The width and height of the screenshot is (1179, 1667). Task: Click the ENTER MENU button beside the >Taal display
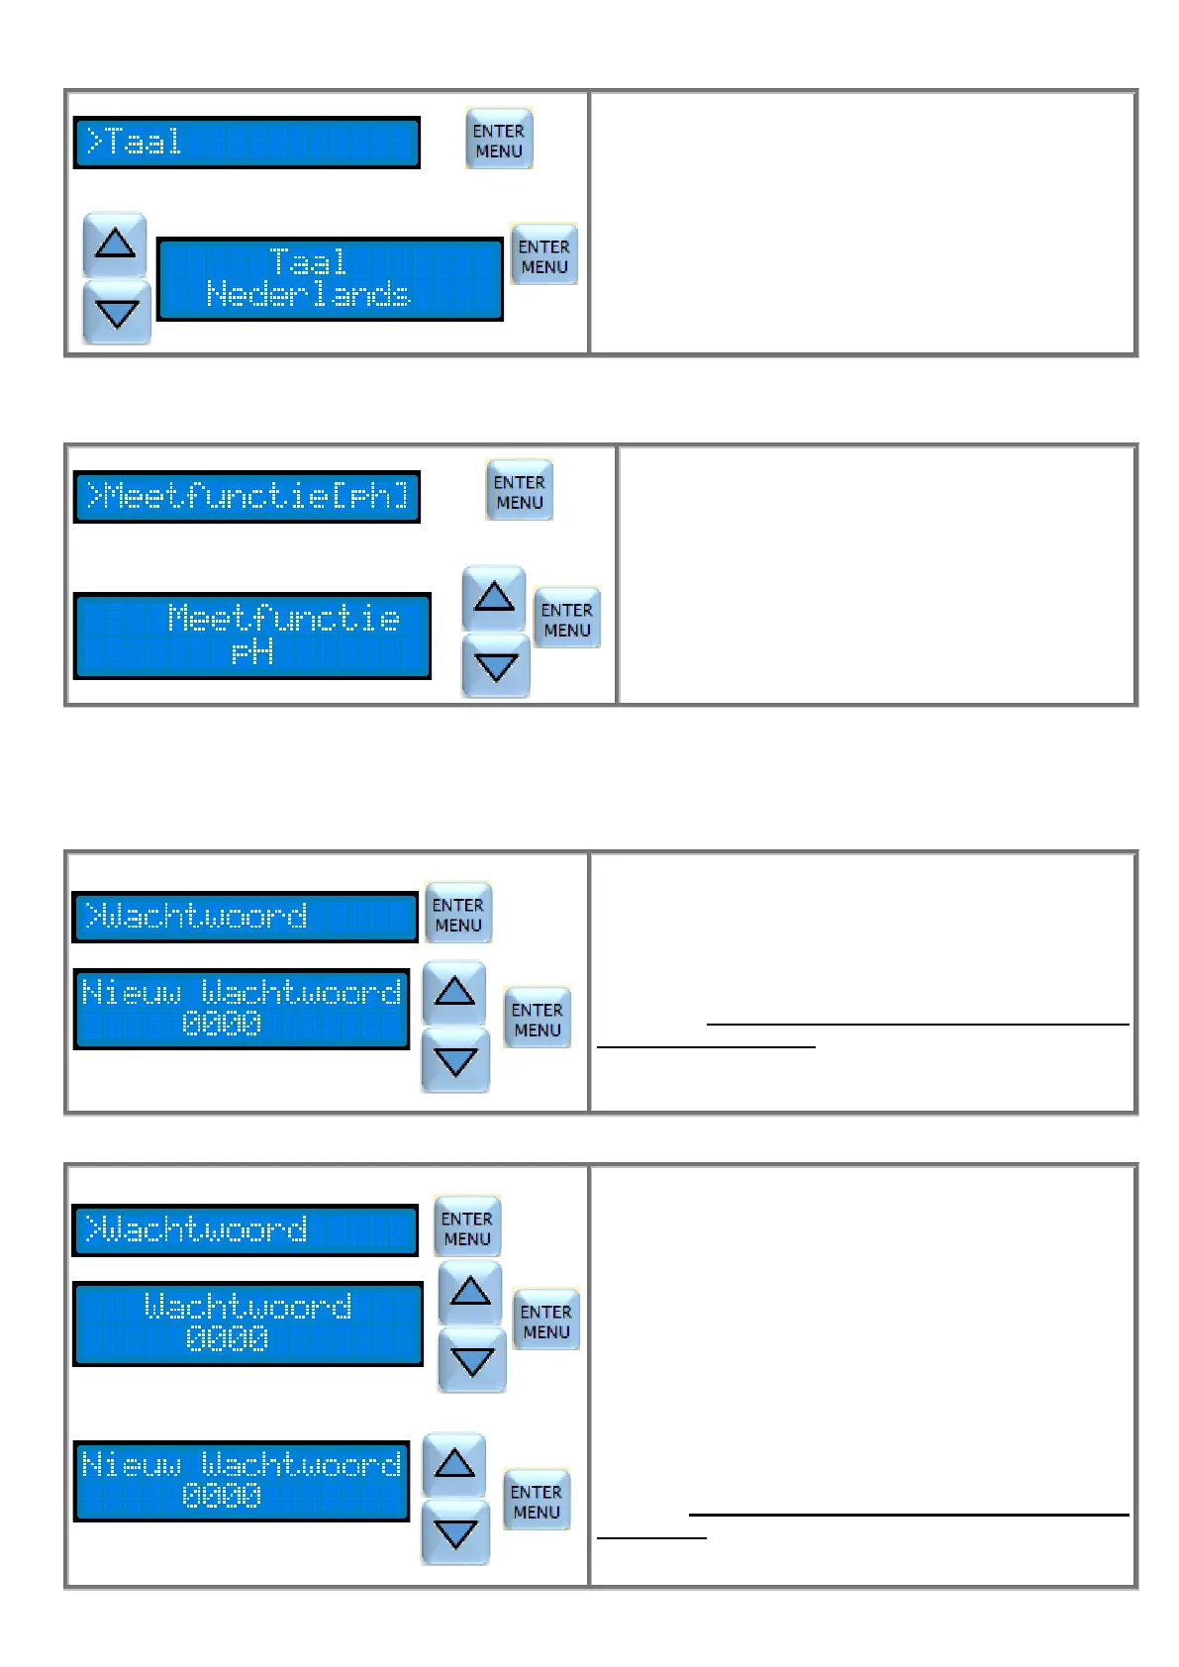click(x=499, y=140)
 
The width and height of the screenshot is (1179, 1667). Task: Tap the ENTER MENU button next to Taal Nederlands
click(x=543, y=255)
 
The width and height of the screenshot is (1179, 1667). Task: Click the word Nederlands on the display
click(x=308, y=294)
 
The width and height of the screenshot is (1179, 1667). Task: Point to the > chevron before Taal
click(x=94, y=142)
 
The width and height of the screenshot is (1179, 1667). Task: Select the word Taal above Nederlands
click(x=308, y=261)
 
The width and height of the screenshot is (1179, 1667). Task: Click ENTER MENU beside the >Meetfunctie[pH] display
click(x=520, y=491)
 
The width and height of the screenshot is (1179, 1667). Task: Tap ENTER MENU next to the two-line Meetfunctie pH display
click(x=566, y=619)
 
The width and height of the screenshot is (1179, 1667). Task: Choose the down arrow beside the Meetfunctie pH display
click(x=495, y=666)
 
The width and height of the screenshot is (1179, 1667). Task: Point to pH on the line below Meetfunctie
click(x=252, y=651)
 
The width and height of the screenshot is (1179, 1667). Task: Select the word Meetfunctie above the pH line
click(x=284, y=618)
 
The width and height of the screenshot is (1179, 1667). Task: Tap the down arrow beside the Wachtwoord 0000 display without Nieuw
click(x=471, y=1362)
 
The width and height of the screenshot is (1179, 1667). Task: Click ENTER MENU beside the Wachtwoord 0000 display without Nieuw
click(x=545, y=1321)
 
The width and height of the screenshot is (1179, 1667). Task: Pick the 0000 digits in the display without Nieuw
click(x=227, y=1338)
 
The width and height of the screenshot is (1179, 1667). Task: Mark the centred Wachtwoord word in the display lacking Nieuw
click(x=247, y=1306)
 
